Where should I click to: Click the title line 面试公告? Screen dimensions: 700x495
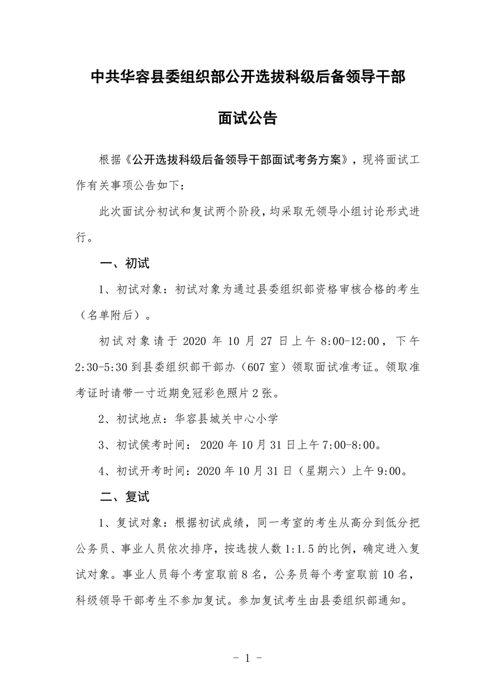(x=247, y=118)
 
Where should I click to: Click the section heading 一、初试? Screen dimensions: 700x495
(x=125, y=263)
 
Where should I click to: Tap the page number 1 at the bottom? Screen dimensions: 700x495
(x=248, y=658)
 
